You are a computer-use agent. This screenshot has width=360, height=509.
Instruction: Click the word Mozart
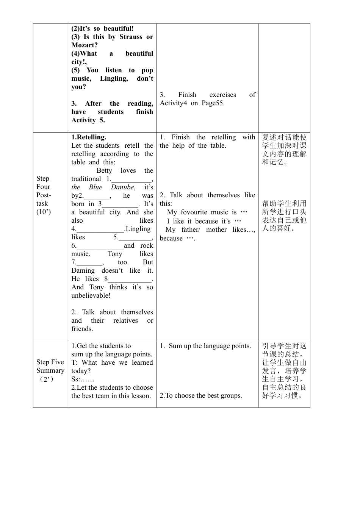83,45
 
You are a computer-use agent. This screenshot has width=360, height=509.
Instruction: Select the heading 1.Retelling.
89,137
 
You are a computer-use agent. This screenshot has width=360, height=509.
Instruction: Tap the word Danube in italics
122,187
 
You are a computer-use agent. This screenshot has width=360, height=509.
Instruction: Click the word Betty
104,170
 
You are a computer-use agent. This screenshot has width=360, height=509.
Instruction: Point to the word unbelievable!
91,295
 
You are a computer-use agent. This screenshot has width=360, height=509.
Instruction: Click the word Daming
83,270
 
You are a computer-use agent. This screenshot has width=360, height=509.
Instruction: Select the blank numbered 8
129,279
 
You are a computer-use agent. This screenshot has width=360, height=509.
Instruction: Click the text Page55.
213,103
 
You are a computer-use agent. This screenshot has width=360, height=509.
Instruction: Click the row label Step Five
50,362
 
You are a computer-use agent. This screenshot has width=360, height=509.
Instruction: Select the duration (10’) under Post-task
44,212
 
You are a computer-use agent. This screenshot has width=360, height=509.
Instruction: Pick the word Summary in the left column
50,370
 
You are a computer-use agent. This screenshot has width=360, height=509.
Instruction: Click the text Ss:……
83,379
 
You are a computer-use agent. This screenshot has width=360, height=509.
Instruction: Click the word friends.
82,329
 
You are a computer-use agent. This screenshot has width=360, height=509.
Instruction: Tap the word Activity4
174,103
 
